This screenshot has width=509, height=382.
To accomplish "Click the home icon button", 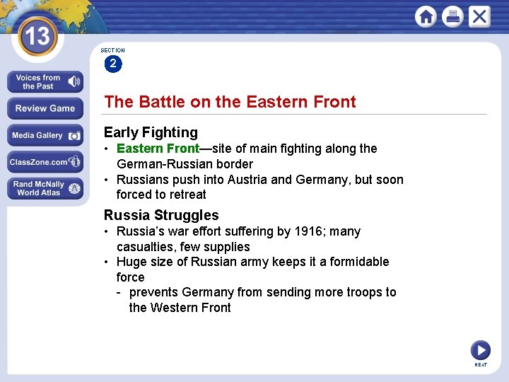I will (x=426, y=16).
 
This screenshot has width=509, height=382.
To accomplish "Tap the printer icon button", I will (x=452, y=16).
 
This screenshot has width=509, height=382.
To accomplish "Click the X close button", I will (x=479, y=16).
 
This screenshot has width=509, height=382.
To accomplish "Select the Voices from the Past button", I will (x=45, y=82).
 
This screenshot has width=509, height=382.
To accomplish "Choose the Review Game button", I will (x=45, y=108).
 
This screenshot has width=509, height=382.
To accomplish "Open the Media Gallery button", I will (x=45, y=135).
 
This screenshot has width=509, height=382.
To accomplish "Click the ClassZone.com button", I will (x=45, y=162).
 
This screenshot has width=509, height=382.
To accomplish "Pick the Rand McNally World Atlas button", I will (x=45, y=188).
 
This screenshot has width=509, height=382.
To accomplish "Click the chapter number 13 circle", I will (x=36, y=36).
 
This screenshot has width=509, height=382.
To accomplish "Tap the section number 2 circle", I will (x=112, y=64).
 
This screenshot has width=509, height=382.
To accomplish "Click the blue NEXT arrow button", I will (x=481, y=349).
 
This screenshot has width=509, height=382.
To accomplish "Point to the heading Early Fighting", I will (x=151, y=132).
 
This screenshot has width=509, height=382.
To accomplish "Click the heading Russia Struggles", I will (x=161, y=215).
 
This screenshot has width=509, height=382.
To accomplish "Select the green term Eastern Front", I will (x=158, y=149).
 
